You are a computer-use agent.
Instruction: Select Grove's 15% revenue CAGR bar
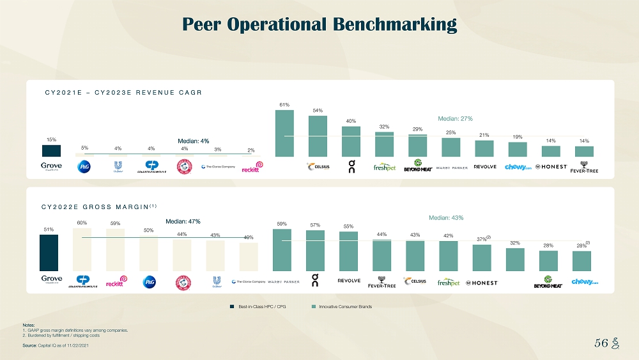coord(51,150)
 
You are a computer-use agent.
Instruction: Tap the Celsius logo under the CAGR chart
coord(318,167)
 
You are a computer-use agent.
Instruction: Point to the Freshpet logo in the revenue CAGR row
coord(384,168)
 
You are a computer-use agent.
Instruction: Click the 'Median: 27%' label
coord(454,118)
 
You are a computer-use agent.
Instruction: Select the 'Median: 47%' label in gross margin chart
coord(183,221)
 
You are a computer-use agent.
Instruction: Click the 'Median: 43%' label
coord(445,217)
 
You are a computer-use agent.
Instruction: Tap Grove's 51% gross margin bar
coord(49,253)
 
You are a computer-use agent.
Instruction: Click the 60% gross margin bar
coord(82,250)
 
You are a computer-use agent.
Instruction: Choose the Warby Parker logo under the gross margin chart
coord(283,281)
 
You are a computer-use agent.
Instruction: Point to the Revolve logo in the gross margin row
coord(349,281)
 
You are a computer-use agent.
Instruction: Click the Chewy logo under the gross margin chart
coord(585,281)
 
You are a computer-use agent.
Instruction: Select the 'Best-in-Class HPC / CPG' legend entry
coord(258,307)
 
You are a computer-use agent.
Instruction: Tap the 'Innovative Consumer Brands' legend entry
coord(341,307)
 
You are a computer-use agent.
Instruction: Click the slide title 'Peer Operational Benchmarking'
coord(319,24)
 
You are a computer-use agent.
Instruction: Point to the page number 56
coord(600,343)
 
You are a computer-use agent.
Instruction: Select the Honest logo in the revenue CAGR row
coord(551,167)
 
